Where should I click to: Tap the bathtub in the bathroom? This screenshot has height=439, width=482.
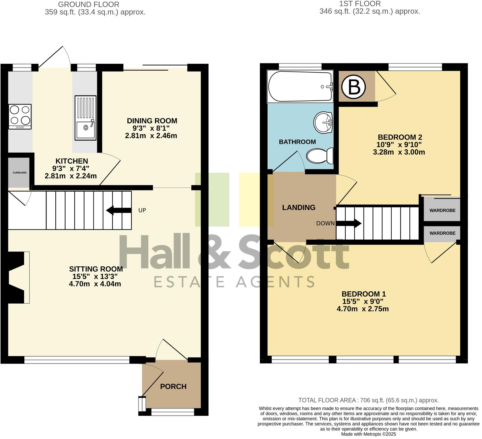click(300, 86)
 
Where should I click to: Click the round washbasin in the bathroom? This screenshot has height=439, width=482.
click(323, 123)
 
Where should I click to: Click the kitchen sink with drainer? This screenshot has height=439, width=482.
click(85, 118)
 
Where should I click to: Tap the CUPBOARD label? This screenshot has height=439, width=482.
click(20, 173)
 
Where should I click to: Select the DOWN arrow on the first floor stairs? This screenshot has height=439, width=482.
click(349, 223)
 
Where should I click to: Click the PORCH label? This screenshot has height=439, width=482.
click(173, 386)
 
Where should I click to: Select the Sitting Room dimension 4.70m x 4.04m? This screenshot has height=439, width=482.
click(95, 284)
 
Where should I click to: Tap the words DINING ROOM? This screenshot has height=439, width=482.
click(152, 121)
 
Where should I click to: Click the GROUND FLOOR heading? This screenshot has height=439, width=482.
click(89, 5)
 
